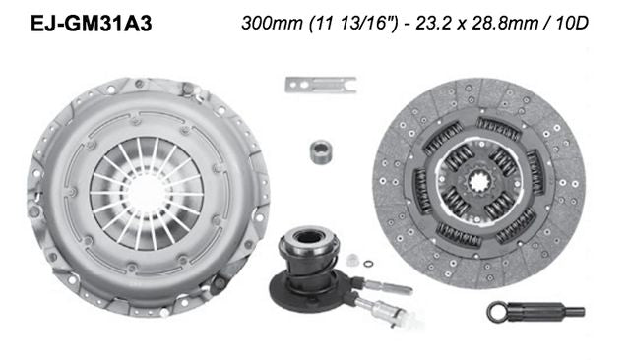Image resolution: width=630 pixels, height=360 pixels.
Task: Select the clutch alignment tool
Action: click(533, 312)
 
